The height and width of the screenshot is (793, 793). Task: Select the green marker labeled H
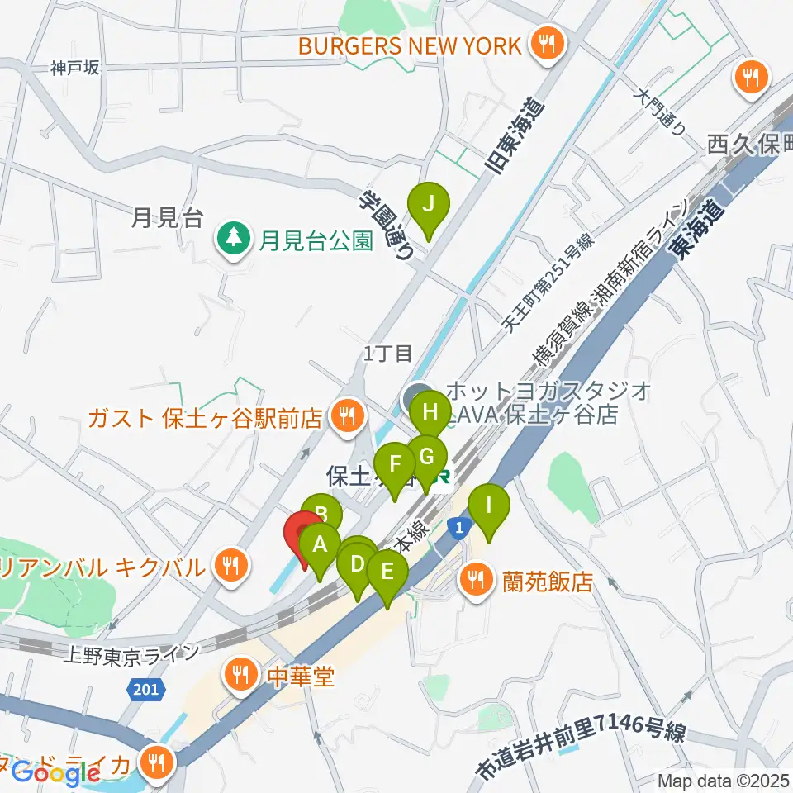[429, 411]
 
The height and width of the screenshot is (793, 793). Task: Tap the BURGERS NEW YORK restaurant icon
[545, 44]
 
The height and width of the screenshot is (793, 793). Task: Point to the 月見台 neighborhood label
[166, 218]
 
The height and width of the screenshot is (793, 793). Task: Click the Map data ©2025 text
[724, 780]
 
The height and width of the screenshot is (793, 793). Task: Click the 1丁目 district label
[387, 354]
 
